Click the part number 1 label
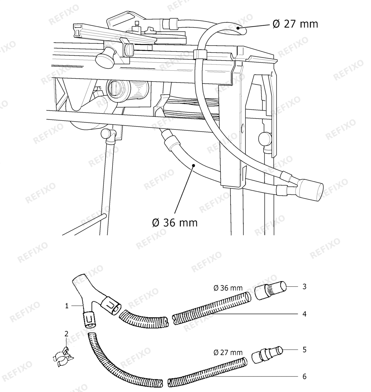(67, 306)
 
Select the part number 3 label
(304, 286)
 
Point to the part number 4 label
(304, 314)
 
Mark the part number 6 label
(304, 376)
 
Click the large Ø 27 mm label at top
(295, 24)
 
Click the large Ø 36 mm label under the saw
(175, 223)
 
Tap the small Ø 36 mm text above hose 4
(228, 288)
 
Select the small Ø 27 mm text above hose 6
(228, 353)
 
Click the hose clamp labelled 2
(63, 357)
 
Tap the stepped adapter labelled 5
(267, 355)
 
